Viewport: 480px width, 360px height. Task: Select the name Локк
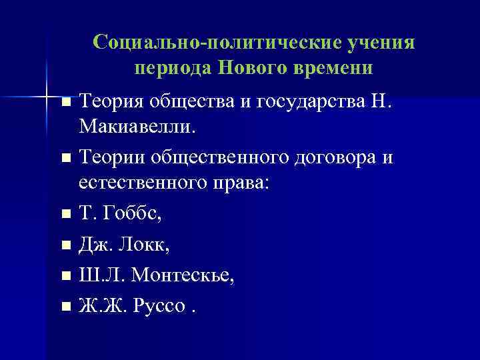[146, 245]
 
